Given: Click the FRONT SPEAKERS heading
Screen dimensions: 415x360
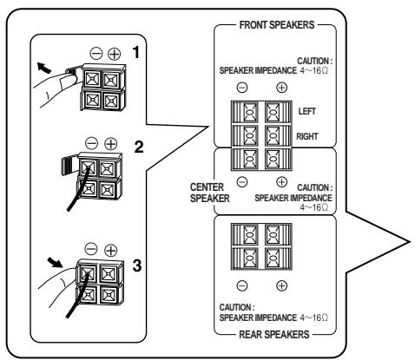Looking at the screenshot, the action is (277, 25).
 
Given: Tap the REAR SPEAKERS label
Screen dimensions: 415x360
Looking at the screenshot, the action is (274, 335).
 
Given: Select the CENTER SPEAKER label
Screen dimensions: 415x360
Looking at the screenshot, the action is (209, 193).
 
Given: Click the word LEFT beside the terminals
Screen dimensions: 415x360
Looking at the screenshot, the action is (307, 111).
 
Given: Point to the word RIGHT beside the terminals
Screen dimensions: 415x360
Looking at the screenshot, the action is (307, 136).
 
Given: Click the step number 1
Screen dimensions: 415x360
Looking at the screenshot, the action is (135, 53).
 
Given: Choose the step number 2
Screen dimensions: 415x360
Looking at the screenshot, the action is (139, 147).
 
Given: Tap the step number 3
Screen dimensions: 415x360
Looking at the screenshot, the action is (137, 265).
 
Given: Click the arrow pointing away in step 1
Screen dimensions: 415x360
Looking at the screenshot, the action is (43, 68).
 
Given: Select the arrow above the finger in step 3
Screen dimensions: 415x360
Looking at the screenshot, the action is (56, 262).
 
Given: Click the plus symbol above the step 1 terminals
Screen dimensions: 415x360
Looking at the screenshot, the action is (115, 54).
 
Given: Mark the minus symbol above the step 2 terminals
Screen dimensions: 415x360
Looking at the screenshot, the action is (92, 143).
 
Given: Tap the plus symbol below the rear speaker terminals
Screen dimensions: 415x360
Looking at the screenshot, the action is (281, 285).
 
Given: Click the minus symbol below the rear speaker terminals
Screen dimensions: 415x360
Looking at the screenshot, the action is (242, 285).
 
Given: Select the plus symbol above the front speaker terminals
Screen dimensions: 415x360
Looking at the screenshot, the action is (281, 88).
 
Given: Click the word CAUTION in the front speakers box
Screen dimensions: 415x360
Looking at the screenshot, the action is (315, 61).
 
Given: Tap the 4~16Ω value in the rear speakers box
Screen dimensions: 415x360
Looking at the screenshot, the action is (314, 317).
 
